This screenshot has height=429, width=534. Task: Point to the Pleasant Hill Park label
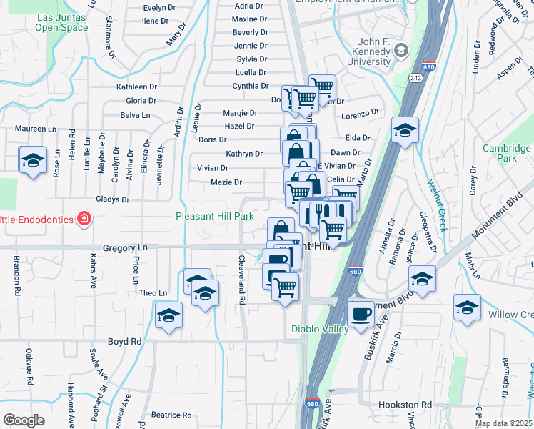215,216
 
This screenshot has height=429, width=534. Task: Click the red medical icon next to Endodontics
84,218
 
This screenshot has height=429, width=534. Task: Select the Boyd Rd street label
125,342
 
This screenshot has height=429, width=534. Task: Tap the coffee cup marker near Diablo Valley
361,312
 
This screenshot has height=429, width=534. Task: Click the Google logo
24,420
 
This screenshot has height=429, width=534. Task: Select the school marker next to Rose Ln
33,161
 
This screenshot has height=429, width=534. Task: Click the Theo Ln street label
153,293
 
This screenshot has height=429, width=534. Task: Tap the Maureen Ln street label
36,129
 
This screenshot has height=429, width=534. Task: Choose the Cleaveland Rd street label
242,281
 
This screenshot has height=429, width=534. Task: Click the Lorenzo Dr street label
358,114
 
